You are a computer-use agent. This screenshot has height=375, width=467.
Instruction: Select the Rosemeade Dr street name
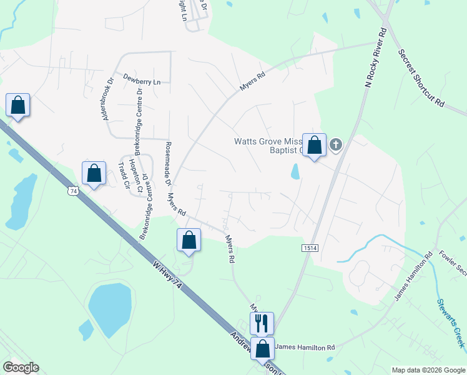(167, 164)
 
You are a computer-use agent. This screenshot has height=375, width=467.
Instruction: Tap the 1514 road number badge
(310, 248)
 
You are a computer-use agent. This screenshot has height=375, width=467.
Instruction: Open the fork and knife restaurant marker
(262, 323)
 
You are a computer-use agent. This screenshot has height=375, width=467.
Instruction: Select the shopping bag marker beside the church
(315, 145)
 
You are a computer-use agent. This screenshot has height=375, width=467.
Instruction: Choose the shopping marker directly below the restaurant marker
(263, 349)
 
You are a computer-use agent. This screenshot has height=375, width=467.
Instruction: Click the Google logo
(21, 367)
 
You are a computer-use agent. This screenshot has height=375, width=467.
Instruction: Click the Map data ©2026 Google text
(428, 370)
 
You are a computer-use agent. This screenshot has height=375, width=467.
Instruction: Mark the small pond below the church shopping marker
(295, 171)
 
